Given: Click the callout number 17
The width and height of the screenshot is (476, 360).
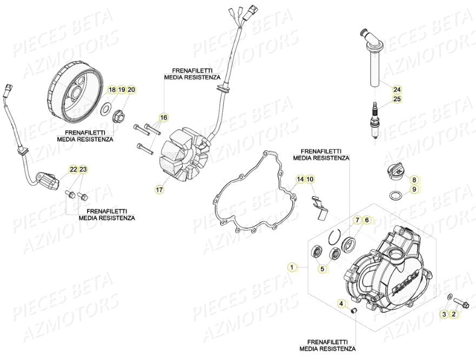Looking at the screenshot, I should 159,190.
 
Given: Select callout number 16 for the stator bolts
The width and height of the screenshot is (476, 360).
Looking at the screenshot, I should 163,117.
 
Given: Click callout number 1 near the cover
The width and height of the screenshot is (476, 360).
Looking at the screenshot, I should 293,267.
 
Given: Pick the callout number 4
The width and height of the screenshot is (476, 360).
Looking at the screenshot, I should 341,304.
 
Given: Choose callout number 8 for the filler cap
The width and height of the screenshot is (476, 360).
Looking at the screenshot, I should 414,179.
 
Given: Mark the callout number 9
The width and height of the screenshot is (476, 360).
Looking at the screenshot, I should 414,189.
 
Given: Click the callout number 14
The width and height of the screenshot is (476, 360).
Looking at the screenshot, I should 300,179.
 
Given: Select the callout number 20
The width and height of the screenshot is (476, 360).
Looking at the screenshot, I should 131,89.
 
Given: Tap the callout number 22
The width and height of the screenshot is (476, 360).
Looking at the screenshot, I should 73,170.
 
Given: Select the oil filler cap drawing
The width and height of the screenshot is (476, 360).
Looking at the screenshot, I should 393,175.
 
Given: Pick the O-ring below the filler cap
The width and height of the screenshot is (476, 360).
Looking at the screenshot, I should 395,195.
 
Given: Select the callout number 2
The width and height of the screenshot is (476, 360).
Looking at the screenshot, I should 453,314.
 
